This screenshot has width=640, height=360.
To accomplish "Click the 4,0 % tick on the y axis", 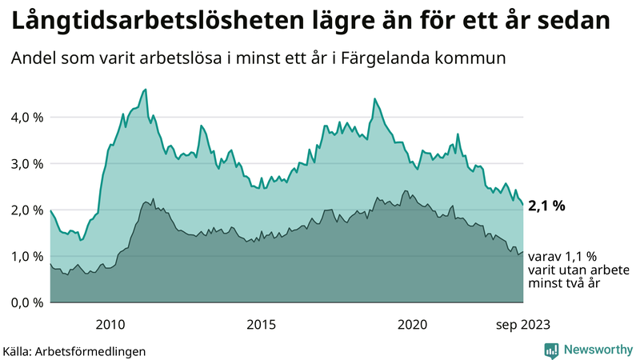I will coord(26,118).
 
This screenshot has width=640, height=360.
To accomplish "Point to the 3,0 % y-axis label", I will coord(26,164).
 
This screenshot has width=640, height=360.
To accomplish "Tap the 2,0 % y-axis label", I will coord(26,210).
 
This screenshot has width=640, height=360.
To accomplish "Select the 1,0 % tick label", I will coord(26,257).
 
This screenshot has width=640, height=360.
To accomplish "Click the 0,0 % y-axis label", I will coord(26,303).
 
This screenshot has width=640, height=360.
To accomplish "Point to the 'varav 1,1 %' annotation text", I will coord(562,258).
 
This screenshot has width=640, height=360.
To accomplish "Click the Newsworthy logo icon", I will coord(551,350).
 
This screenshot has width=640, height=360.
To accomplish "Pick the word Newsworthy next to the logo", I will coord(596,350).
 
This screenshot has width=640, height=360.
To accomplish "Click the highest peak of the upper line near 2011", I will coord(145,90).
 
